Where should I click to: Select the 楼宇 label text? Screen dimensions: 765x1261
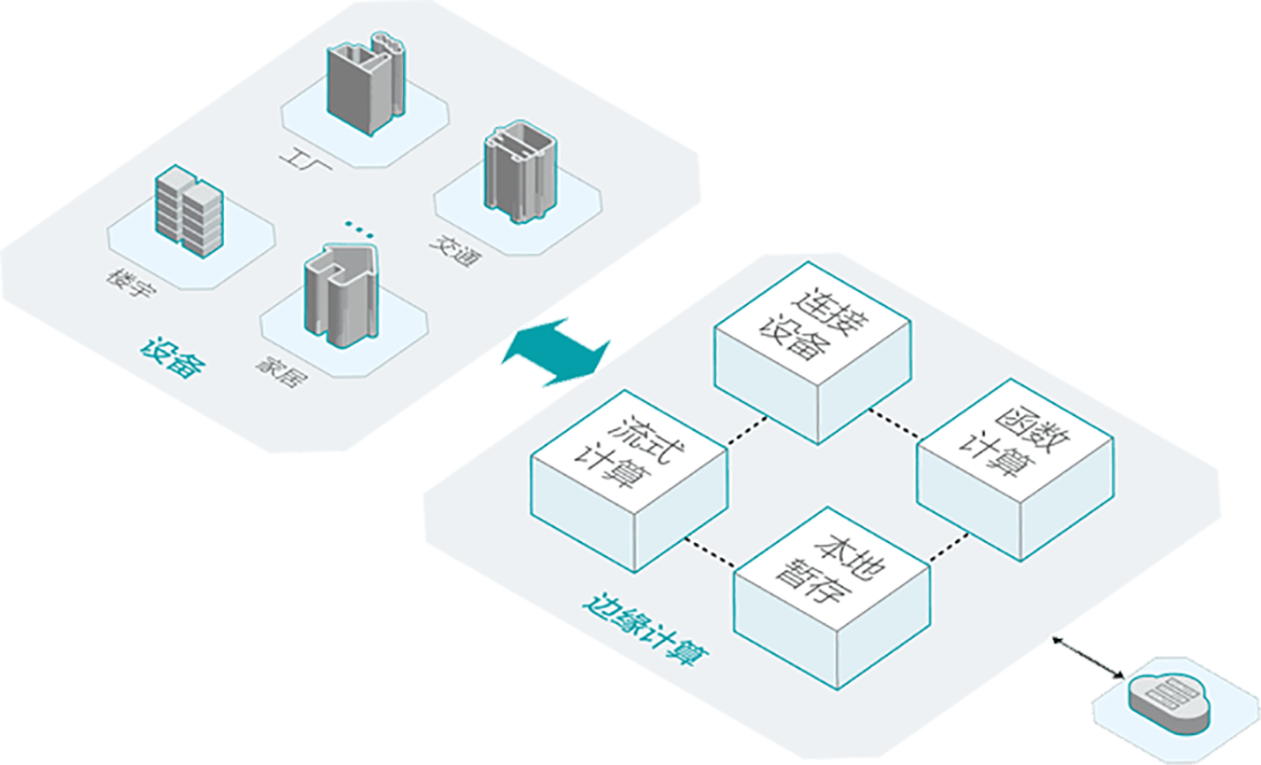click(132, 284)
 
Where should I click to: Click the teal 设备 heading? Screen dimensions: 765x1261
click(173, 357)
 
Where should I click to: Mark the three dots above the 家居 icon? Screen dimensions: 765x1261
click(357, 226)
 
